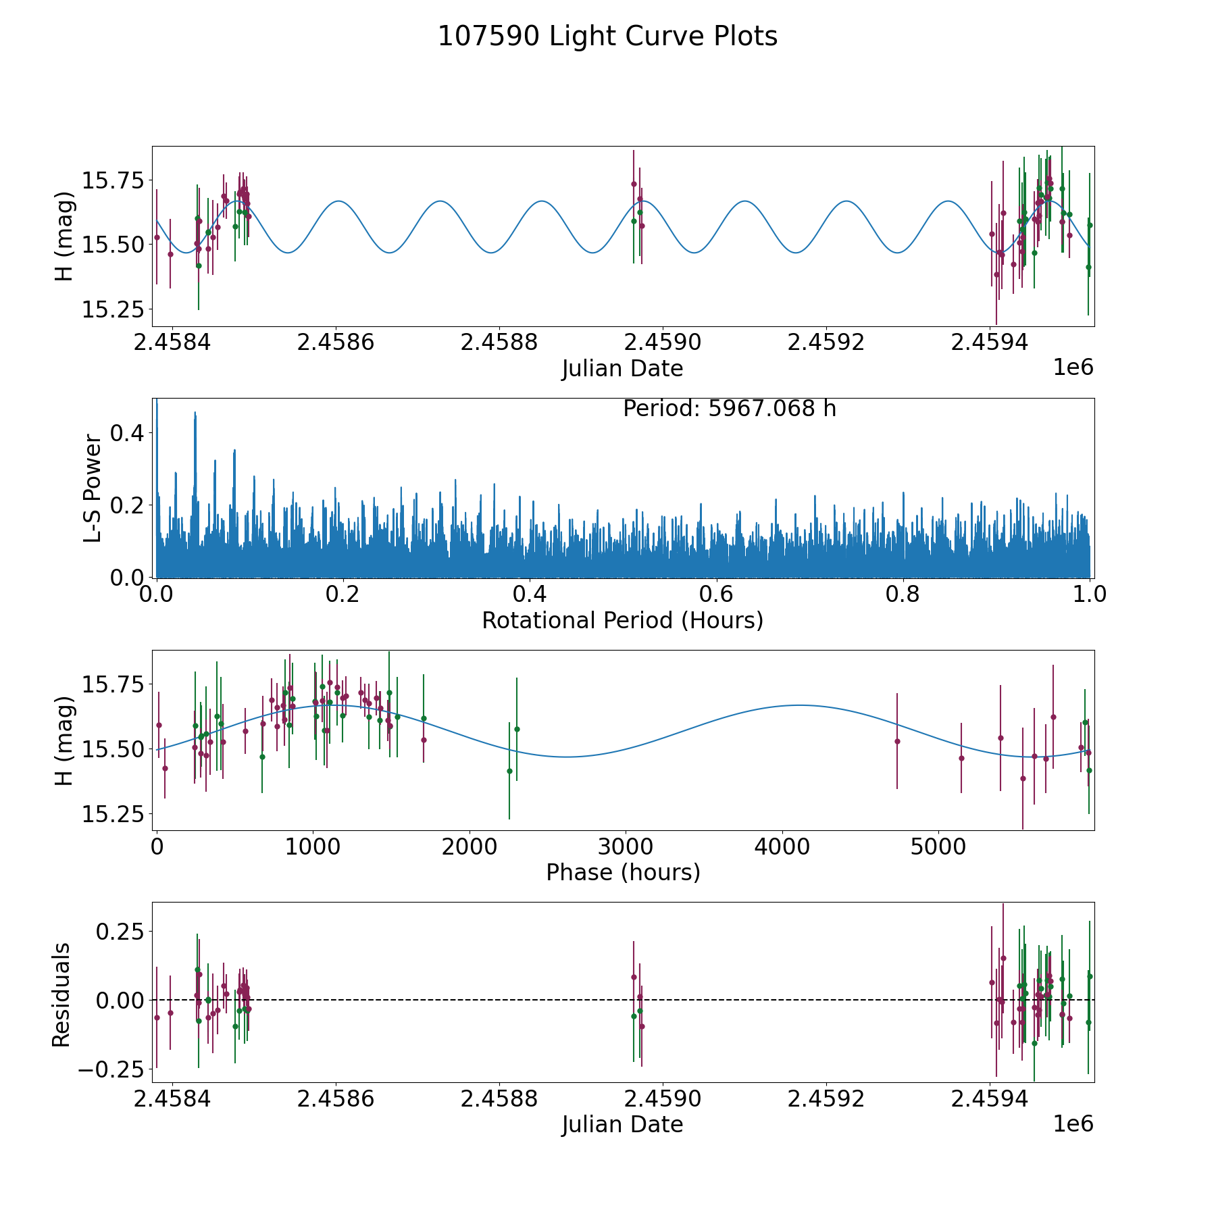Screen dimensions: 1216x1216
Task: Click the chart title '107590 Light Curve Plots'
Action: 607,36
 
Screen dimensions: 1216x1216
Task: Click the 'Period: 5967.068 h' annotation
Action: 729,409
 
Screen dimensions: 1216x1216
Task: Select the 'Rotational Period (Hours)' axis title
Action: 622,620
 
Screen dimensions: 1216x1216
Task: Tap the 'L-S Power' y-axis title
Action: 93,488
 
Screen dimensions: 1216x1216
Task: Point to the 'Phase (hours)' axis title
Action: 622,872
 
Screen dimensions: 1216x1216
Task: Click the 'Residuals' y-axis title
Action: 61,994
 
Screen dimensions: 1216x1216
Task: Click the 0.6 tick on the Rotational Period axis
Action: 716,594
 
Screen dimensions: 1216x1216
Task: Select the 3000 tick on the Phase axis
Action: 626,846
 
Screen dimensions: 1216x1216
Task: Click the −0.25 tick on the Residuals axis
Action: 111,1069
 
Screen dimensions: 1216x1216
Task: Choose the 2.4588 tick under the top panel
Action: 499,343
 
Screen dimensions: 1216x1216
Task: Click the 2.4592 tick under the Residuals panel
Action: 826,1099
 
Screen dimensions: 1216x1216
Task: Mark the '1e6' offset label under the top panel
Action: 1073,368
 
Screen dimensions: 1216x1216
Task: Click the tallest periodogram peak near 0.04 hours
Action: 195,413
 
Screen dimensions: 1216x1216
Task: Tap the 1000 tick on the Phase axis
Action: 313,846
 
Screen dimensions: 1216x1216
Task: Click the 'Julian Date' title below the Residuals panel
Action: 622,1125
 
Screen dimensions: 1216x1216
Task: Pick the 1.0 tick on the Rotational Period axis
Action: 1090,594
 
